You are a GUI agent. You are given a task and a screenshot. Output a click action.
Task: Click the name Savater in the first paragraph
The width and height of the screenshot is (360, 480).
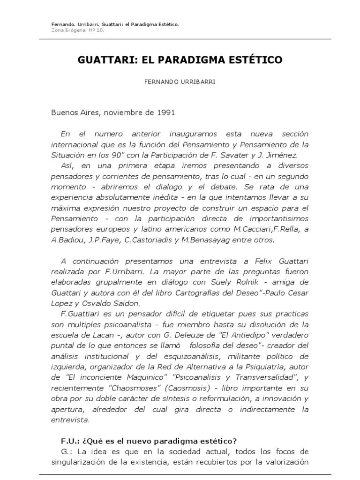point(254,156)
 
